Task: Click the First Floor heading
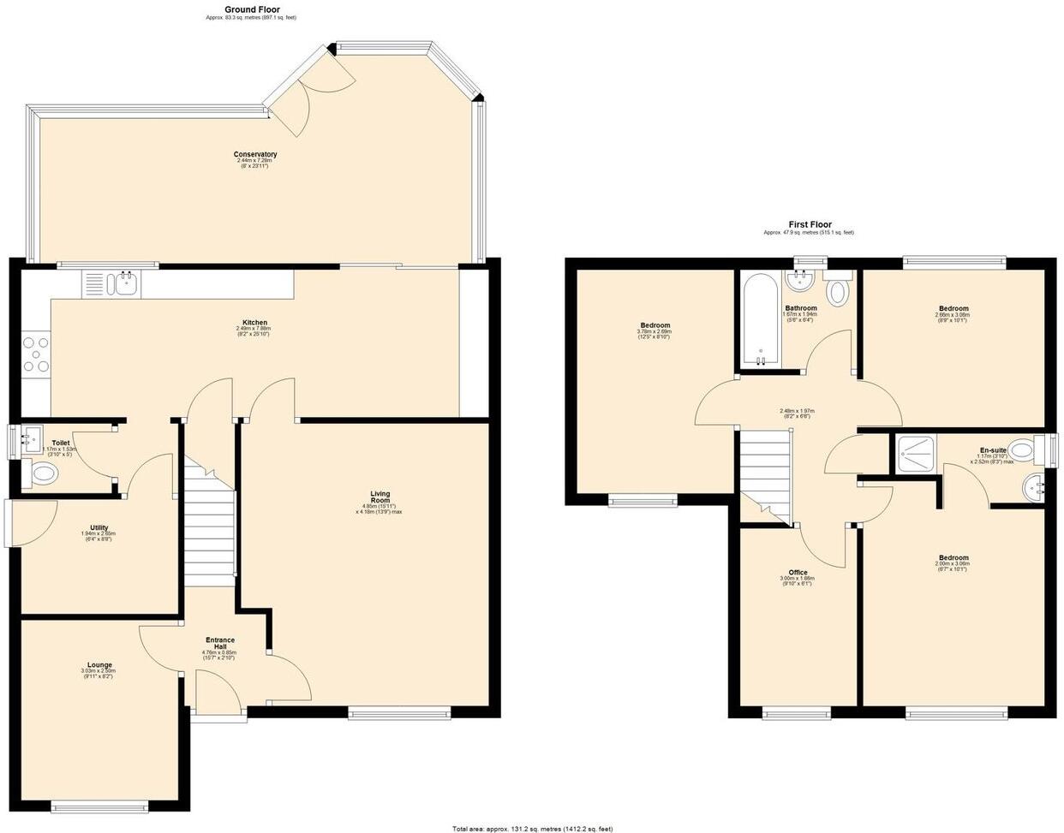point(810,224)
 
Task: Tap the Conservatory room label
point(255,155)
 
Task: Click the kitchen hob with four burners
point(36,354)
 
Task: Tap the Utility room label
point(99,527)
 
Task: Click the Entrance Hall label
point(220,643)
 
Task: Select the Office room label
point(798,573)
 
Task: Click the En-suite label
point(993,450)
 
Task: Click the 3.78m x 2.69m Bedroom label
point(655,325)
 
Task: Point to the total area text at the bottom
point(532,828)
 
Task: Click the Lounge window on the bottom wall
point(99,805)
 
